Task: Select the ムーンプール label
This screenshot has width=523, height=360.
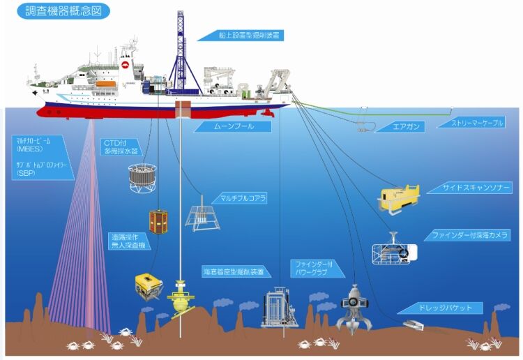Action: tap(222, 127)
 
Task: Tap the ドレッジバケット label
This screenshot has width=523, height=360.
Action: tap(446, 308)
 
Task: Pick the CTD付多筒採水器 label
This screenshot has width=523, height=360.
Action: tap(120, 146)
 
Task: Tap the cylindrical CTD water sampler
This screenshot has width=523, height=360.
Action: tap(142, 178)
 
